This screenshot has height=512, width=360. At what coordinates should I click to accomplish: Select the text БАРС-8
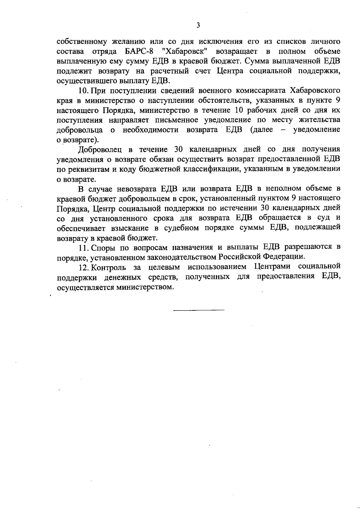pos(137,51)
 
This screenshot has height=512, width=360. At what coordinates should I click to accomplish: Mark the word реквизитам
pos(88,169)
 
